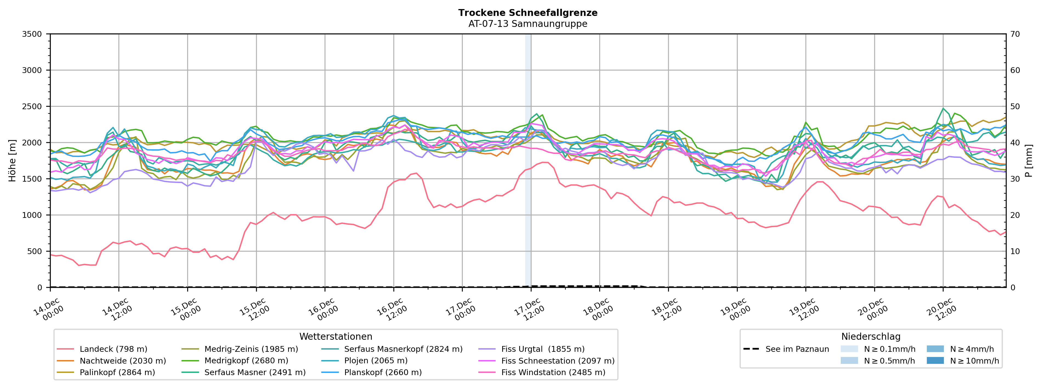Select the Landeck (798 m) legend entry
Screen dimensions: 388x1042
tap(113, 349)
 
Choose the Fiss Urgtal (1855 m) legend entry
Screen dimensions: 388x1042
tap(543, 349)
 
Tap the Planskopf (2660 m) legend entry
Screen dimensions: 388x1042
tap(383, 372)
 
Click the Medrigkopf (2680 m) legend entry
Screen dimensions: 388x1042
tap(246, 361)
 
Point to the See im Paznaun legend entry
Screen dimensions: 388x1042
tap(797, 349)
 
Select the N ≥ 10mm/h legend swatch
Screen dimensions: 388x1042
tap(935, 361)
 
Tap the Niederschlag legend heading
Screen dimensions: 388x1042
tap(870, 337)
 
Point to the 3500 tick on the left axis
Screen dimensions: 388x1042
tap(32, 34)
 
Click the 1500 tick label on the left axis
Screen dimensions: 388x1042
tap(32, 179)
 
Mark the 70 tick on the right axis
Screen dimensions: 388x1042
tap(1015, 34)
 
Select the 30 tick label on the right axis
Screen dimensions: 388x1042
tap(1015, 179)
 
